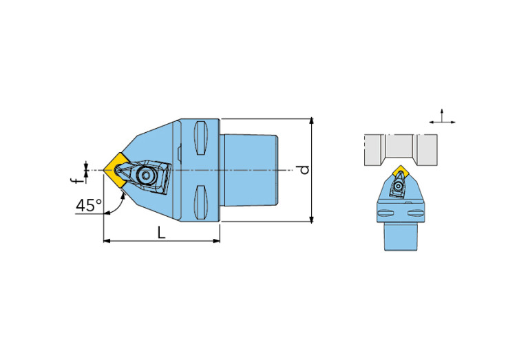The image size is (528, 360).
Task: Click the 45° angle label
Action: coord(89,205)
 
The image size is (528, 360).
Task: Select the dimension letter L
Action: coord(162,233)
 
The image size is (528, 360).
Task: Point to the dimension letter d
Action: coord(304,170)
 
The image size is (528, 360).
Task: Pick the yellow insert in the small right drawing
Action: coord(401,171)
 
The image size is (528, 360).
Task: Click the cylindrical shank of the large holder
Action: coord(249,170)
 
